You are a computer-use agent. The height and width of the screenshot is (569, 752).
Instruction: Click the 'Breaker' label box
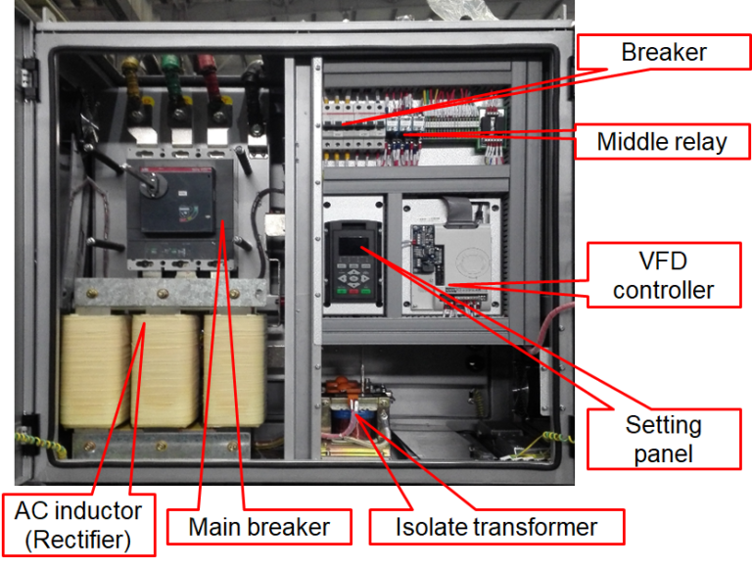tap(663, 52)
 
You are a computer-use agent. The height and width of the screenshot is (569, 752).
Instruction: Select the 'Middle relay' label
tap(663, 141)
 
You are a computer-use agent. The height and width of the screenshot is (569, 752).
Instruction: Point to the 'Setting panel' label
tap(664, 439)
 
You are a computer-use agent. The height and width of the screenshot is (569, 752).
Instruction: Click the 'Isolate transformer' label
tap(496, 527)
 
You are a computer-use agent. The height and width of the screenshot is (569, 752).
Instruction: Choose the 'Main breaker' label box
tap(259, 527)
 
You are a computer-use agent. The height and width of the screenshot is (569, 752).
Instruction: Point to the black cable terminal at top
tap(254, 71)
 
